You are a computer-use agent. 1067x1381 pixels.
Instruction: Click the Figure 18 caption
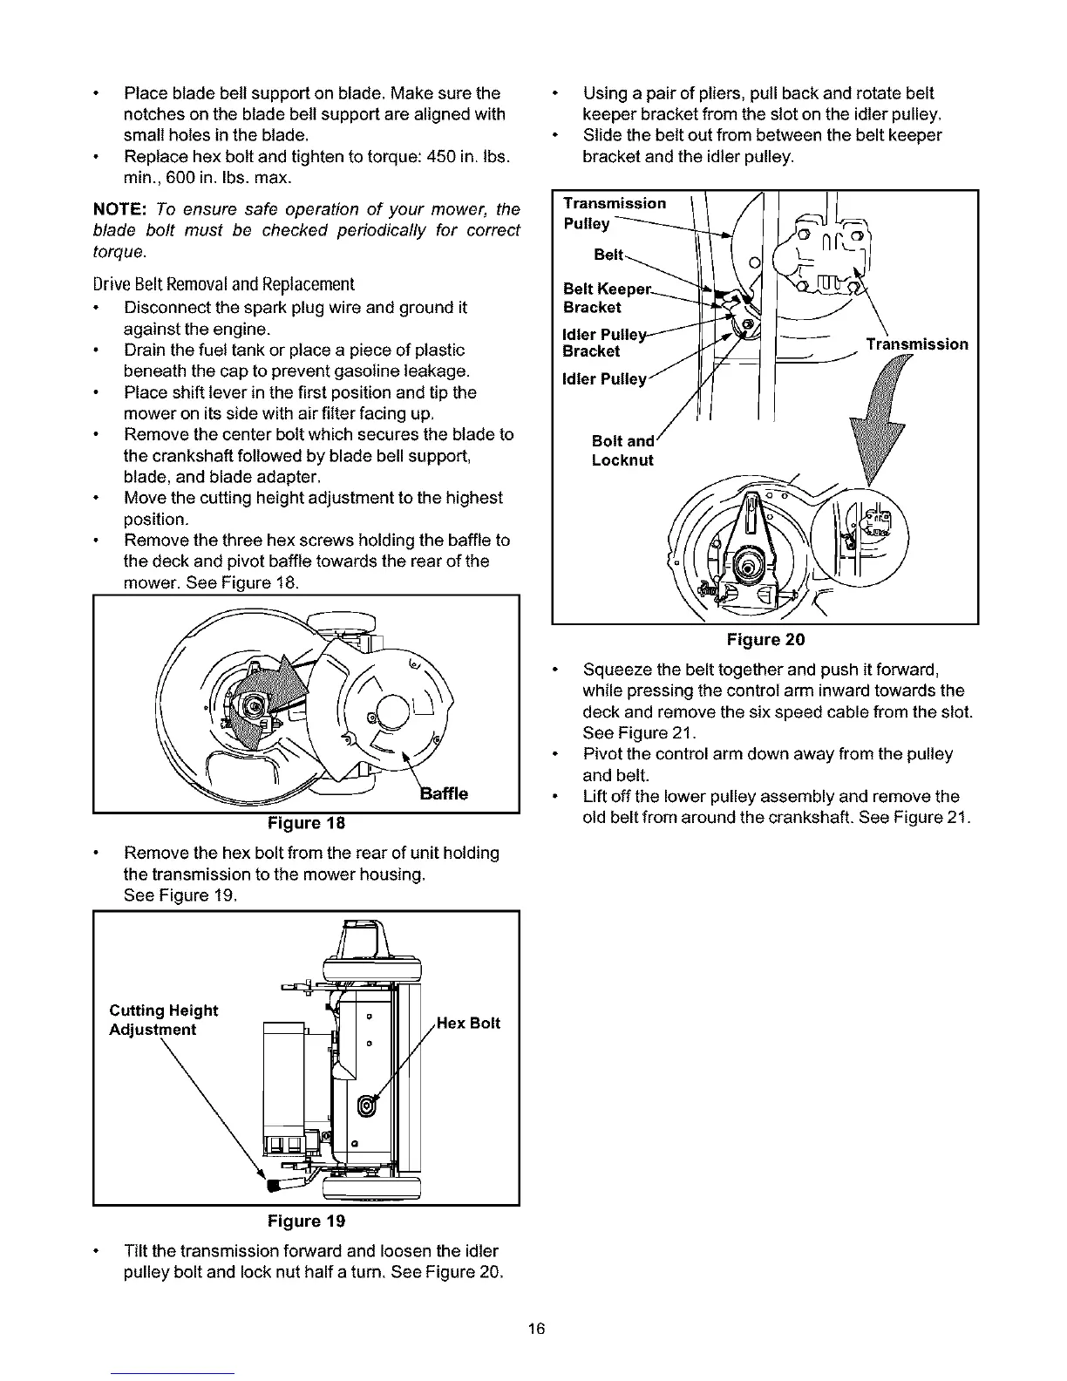click(x=306, y=823)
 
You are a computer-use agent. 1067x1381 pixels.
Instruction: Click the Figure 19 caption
click(x=306, y=1220)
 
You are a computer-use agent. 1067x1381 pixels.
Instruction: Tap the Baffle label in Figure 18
click(x=445, y=793)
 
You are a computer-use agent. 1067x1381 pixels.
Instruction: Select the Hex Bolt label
click(x=468, y=1023)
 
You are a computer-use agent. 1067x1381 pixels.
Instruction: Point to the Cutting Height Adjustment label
click(x=163, y=1020)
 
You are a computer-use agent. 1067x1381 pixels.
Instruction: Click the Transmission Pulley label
click(x=614, y=213)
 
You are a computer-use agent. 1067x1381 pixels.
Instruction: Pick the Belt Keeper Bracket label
click(x=606, y=298)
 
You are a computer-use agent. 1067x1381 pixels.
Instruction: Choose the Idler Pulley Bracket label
click(x=603, y=342)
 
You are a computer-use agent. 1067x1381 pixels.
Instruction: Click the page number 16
click(x=535, y=1329)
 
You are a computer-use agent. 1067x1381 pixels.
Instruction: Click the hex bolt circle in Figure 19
click(x=367, y=1107)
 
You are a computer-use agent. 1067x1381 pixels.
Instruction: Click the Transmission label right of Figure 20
click(x=916, y=344)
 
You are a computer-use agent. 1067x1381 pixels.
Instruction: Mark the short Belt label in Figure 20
click(x=608, y=255)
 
